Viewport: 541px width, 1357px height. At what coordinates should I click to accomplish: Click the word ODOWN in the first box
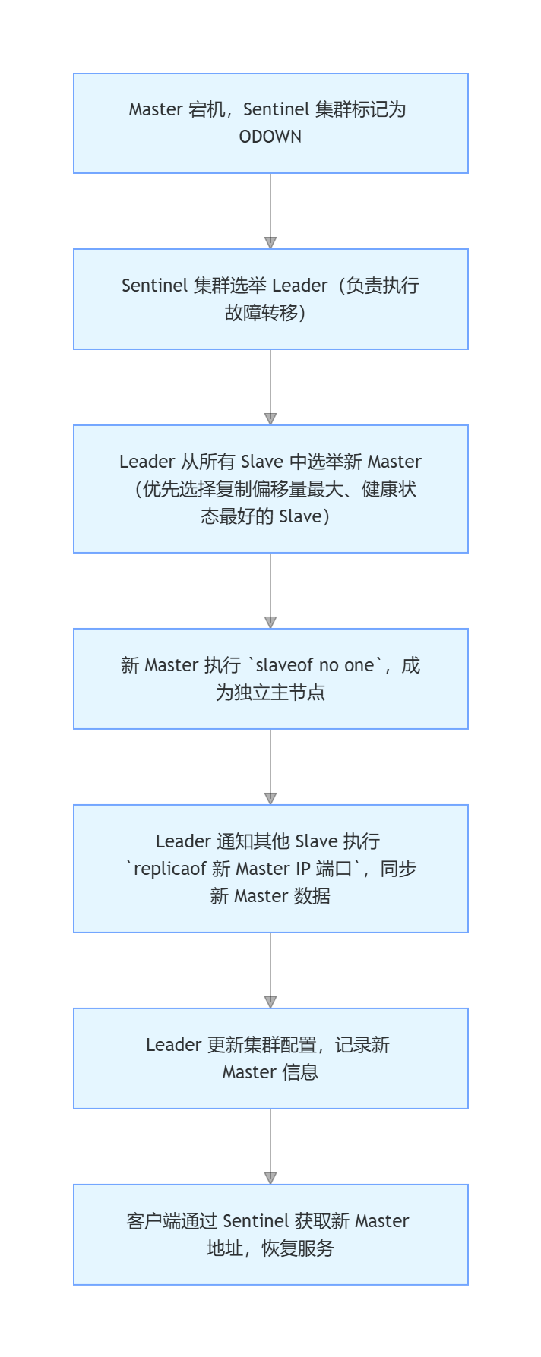click(270, 137)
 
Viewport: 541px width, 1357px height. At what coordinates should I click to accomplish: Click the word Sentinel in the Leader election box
click(154, 286)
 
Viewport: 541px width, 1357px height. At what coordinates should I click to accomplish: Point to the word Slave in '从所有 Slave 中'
click(262, 462)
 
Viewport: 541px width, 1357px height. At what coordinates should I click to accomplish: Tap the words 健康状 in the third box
click(389, 489)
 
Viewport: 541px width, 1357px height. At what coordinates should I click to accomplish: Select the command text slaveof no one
click(315, 665)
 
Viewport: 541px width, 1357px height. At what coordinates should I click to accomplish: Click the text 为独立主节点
click(270, 693)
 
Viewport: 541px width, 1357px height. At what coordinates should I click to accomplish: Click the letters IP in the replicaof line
click(303, 869)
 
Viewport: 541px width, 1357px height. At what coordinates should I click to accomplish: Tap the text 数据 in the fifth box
click(312, 896)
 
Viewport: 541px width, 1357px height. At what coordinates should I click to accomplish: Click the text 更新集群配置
click(261, 1045)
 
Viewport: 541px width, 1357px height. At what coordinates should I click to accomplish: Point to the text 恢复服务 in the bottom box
click(298, 1248)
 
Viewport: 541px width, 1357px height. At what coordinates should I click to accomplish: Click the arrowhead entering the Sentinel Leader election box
click(270, 243)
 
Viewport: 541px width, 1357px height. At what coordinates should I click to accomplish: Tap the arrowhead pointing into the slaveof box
click(270, 623)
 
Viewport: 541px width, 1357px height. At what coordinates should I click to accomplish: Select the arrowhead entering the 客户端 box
click(270, 1179)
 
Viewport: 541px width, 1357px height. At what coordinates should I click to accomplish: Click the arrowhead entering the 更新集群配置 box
click(270, 1002)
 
